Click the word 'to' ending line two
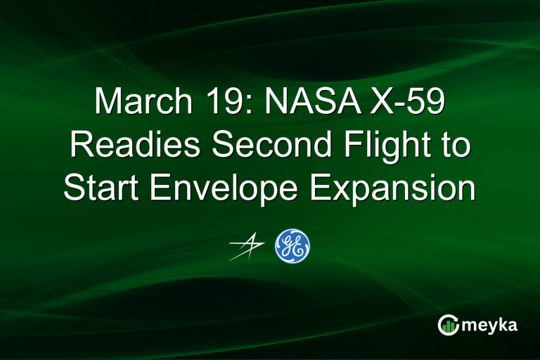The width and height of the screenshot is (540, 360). [454, 146]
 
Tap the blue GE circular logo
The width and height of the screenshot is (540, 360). [292, 246]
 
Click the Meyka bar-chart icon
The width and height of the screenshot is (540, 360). [448, 325]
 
